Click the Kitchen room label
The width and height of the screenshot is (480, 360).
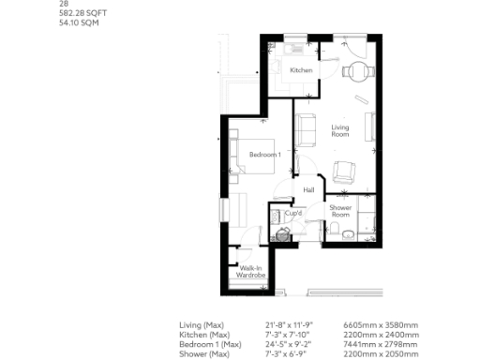tap(301, 71)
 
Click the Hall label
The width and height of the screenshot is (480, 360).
tap(307, 190)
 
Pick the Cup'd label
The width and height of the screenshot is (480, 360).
tap(306, 214)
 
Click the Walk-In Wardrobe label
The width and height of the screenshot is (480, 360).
tap(250, 272)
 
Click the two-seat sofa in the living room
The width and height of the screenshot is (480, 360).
tap(308, 126)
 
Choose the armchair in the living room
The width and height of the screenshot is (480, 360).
tap(344, 172)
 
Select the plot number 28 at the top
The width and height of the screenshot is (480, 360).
tap(63, 4)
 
